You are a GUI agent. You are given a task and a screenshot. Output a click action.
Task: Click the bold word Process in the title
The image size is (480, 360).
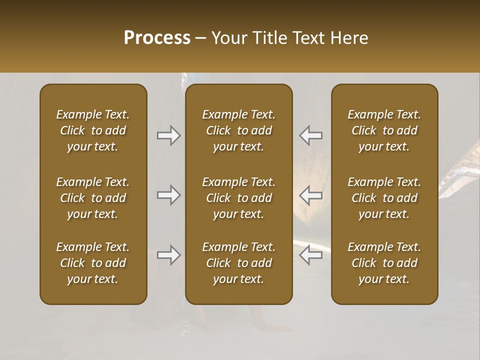click(157, 38)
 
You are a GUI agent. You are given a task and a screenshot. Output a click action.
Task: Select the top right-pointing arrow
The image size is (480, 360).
click(168, 135)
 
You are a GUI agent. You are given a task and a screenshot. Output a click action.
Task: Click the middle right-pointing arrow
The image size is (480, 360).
click(168, 195)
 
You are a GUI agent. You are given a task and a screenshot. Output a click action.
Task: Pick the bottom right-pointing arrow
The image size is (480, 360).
click(168, 255)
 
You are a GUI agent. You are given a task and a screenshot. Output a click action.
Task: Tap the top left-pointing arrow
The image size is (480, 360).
click(310, 135)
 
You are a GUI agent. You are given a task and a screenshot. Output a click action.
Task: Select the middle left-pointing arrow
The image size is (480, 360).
click(310, 195)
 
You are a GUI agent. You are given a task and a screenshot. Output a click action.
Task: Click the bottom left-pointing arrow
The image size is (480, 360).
click(310, 255)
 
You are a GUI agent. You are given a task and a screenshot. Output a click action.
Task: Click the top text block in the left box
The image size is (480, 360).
click(93, 130)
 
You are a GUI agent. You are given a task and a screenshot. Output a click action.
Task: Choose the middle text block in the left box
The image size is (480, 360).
click(93, 198)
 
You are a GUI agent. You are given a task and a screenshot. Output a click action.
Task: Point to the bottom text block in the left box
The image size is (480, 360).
click(93, 263)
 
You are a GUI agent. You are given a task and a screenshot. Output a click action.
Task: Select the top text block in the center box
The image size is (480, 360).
click(238, 130)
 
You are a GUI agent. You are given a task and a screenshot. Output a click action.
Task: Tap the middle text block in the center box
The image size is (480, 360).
click(238, 198)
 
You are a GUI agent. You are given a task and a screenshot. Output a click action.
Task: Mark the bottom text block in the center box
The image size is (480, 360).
click(238, 263)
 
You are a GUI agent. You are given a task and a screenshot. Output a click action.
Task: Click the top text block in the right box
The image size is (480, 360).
click(384, 130)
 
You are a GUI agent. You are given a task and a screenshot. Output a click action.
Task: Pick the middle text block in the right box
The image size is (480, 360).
click(384, 198)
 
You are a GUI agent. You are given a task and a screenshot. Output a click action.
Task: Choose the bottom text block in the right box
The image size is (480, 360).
click(384, 263)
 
